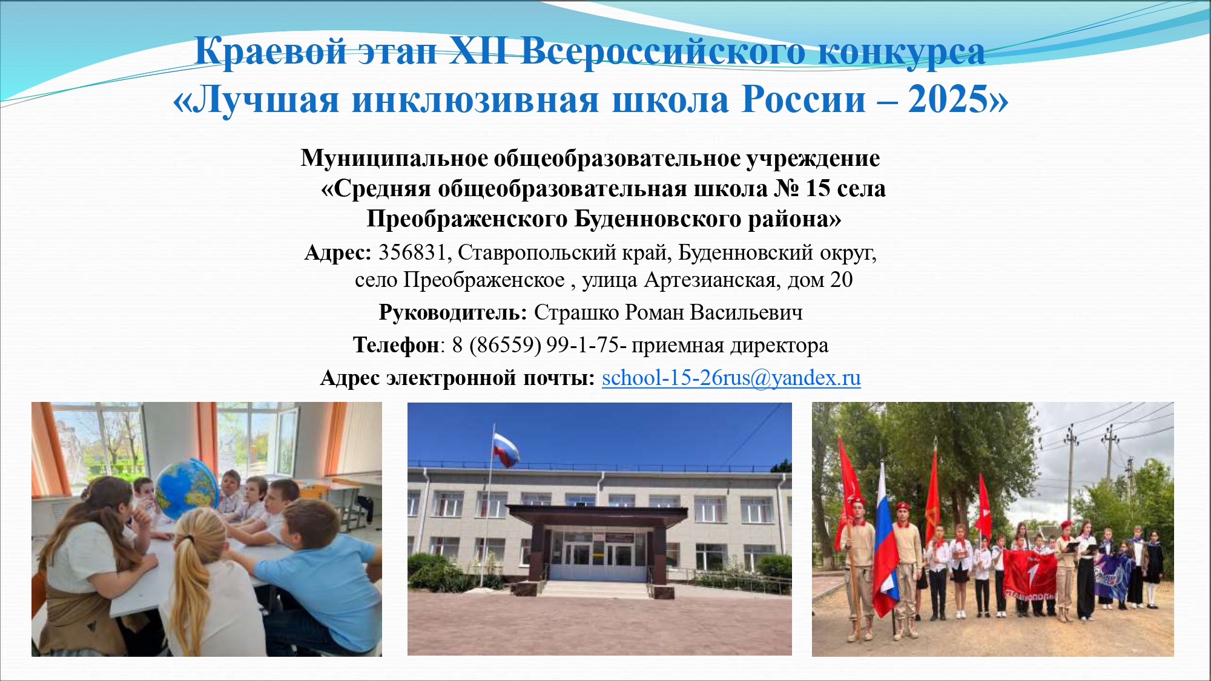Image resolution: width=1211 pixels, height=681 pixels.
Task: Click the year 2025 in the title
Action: tap(948, 99)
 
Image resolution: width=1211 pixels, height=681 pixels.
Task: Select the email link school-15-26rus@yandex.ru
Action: tap(731, 378)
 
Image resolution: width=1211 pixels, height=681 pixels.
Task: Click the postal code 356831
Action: tap(412, 252)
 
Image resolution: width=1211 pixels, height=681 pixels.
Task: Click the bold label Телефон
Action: tap(396, 345)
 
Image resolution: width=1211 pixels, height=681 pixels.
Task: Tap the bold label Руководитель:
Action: tap(453, 313)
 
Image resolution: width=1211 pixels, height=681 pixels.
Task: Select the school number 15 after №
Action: tap(817, 189)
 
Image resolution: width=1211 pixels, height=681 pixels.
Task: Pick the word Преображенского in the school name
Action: tap(467, 219)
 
